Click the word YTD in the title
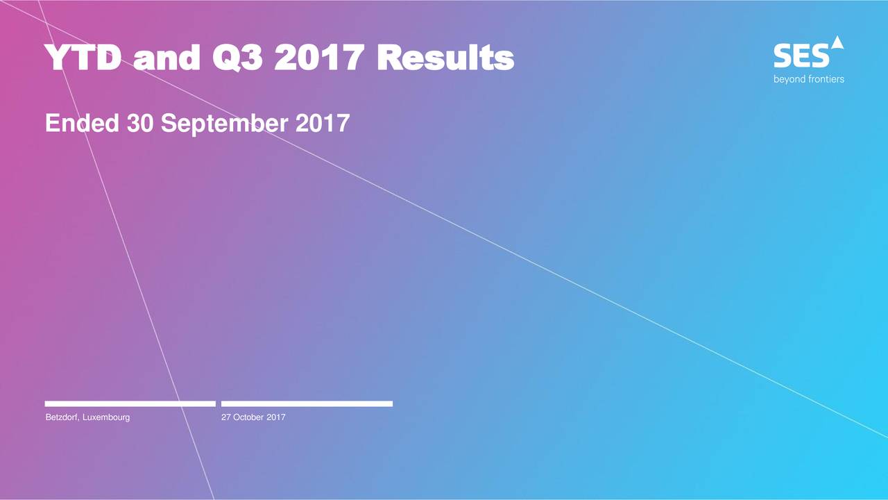(83, 57)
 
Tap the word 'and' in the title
(166, 57)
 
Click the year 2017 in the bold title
(319, 57)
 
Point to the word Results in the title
(445, 57)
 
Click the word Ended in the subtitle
(82, 123)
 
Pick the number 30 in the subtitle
(140, 123)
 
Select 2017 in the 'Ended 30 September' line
(323, 123)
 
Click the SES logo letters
(801, 56)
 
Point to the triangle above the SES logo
(837, 42)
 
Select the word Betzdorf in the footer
(62, 417)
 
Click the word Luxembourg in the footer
(106, 418)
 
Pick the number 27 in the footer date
(226, 417)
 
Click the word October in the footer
(248, 417)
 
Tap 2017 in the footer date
(276, 417)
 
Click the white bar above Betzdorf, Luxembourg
(130, 403)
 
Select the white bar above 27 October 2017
(307, 403)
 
